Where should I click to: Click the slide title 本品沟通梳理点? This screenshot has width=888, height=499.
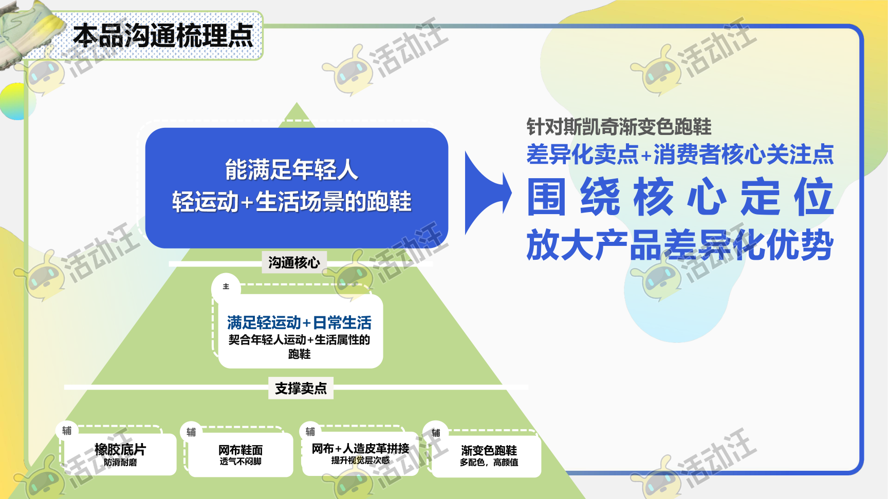tap(163, 36)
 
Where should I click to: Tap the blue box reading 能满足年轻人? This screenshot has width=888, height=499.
tap(297, 188)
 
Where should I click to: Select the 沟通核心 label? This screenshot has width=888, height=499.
tap(294, 263)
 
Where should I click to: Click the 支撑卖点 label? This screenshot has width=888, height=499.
tap(301, 388)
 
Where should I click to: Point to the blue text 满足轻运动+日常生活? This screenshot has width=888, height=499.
tap(299, 322)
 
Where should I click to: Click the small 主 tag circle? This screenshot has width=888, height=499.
tap(226, 286)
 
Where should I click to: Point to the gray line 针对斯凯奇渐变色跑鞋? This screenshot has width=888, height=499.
tap(619, 126)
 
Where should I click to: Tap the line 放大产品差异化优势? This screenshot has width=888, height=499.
tap(680, 245)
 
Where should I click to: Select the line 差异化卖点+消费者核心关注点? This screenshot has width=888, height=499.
tap(680, 154)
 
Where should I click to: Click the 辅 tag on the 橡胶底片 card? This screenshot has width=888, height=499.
tap(67, 430)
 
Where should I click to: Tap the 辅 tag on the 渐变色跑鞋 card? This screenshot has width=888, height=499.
tap(436, 433)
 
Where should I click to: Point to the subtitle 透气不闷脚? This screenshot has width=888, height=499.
tap(240, 462)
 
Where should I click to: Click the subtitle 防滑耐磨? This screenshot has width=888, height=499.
tap(120, 462)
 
